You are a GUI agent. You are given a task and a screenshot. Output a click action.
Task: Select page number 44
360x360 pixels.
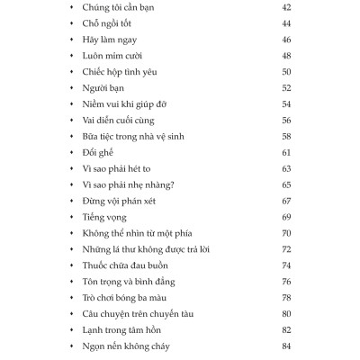(x=287, y=23)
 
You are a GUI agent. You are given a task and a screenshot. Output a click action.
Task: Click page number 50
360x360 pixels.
(x=287, y=72)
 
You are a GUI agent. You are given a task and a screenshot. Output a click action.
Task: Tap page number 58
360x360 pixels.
(x=287, y=136)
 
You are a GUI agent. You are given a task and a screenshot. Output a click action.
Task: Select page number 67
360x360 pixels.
(x=287, y=201)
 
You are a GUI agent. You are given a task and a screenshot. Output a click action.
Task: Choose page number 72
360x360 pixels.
(x=287, y=248)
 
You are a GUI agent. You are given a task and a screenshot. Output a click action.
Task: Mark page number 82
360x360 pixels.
(x=287, y=329)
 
